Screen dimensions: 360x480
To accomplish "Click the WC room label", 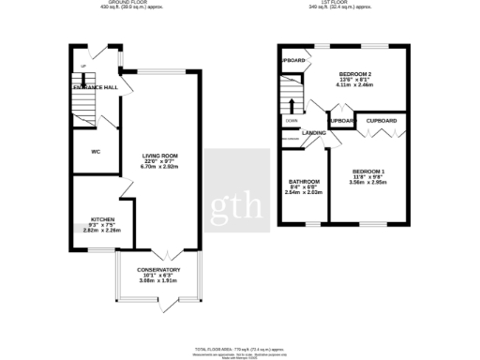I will (x=95, y=152).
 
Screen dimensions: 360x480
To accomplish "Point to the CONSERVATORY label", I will (x=158, y=269).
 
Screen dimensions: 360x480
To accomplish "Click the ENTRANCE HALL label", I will (x=96, y=87).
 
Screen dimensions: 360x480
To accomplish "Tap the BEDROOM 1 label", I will (x=368, y=171).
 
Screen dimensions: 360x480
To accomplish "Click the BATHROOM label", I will (x=304, y=181).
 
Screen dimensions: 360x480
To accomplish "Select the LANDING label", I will (x=314, y=133).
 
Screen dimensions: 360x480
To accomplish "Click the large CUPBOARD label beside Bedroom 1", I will (x=381, y=121).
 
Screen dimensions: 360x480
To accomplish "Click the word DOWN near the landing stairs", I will (x=291, y=121).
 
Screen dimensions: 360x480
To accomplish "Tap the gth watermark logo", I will (x=239, y=200).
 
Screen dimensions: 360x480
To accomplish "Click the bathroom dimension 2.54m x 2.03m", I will (x=304, y=192).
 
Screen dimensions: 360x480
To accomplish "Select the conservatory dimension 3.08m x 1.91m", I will (x=158, y=280).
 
